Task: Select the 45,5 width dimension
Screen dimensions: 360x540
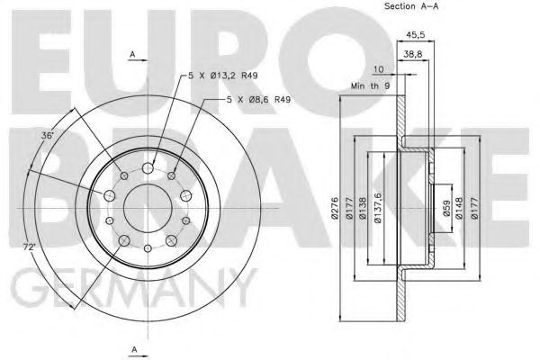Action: point(416,37)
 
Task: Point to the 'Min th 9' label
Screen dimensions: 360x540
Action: point(369,85)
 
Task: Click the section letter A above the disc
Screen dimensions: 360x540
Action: point(132,55)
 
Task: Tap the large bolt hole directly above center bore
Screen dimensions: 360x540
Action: point(147,166)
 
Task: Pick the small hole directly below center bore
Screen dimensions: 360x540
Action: point(146,243)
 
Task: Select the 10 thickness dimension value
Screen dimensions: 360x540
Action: point(377,68)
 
